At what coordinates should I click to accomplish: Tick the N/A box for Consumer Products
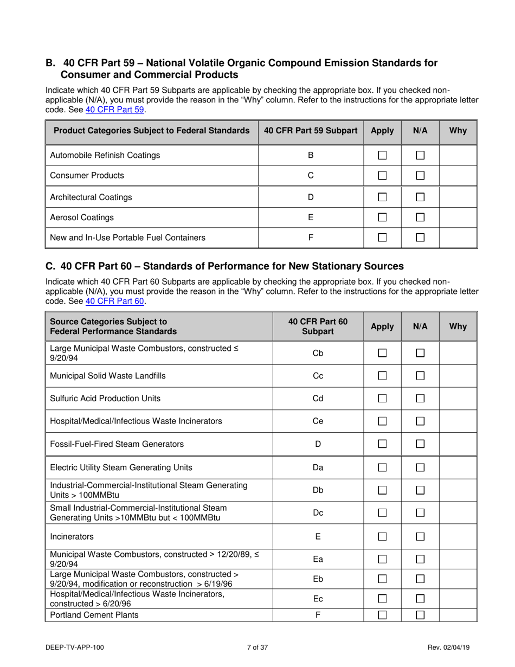coord(419,176)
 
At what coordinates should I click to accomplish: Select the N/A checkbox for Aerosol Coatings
coord(419,217)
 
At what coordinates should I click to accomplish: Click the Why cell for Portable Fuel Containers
coord(457,238)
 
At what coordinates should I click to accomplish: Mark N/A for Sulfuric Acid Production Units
coord(419,399)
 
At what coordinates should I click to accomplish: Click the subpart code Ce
coord(318,421)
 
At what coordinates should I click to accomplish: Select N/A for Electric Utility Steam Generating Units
coord(419,467)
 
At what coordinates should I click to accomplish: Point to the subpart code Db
coord(318,490)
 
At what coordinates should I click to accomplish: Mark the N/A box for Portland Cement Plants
coord(419,615)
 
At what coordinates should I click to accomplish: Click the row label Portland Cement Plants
coord(94,615)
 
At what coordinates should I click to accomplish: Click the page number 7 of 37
coord(257,647)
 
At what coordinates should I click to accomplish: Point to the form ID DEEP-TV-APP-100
coord(75,647)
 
